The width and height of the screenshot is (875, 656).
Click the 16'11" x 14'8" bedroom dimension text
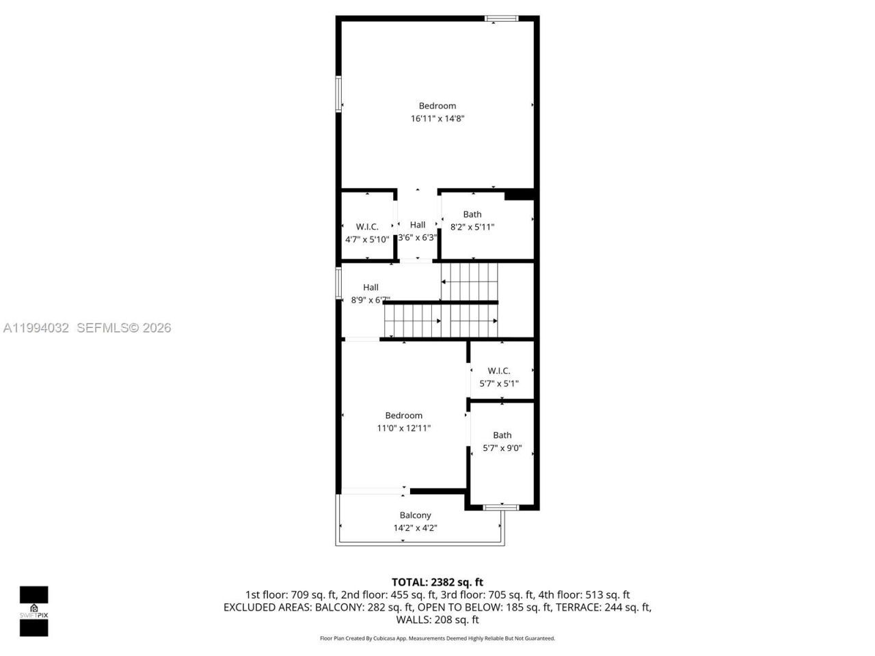point(437,119)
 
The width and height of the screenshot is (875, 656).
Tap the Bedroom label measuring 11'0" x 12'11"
point(403,415)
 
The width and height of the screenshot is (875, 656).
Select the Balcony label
point(415,515)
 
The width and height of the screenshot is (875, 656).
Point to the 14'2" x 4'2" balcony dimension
point(415,528)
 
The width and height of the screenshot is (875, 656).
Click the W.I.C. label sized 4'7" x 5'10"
point(367,227)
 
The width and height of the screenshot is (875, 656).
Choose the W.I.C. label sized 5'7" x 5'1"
point(499,371)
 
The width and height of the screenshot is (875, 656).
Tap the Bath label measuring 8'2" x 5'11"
point(472,215)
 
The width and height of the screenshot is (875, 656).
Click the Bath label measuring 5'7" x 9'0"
point(502,435)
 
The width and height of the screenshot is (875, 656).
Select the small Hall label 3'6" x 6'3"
point(418,225)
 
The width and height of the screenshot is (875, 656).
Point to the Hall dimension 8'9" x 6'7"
point(371,300)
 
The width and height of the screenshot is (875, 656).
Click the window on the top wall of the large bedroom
point(502,18)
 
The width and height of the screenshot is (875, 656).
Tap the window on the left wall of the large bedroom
point(338,94)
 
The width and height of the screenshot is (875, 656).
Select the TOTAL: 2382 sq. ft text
point(437,582)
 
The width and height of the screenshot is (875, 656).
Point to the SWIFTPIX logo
point(33,611)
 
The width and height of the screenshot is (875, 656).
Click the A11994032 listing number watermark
point(36,328)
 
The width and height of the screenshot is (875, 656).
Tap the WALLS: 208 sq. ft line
point(437,620)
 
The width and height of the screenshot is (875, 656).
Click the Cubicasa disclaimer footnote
point(437,638)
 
